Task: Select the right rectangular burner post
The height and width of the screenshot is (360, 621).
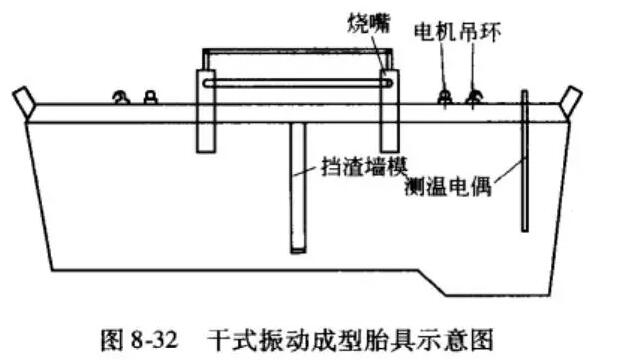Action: tap(389, 110)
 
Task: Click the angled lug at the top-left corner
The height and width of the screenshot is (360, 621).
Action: tap(24, 101)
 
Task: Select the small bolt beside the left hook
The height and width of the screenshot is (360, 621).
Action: tap(150, 96)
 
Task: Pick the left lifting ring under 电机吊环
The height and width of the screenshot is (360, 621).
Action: tap(443, 95)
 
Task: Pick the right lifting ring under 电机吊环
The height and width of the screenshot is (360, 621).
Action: tap(474, 95)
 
